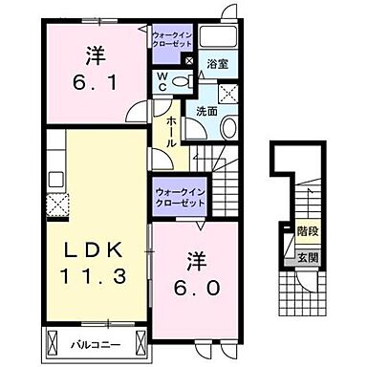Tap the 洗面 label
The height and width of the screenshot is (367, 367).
(208, 112)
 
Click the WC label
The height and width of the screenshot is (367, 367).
(162, 80)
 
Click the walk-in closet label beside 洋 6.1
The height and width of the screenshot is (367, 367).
(173, 40)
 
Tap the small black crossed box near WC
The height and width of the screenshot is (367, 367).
(188, 62)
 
